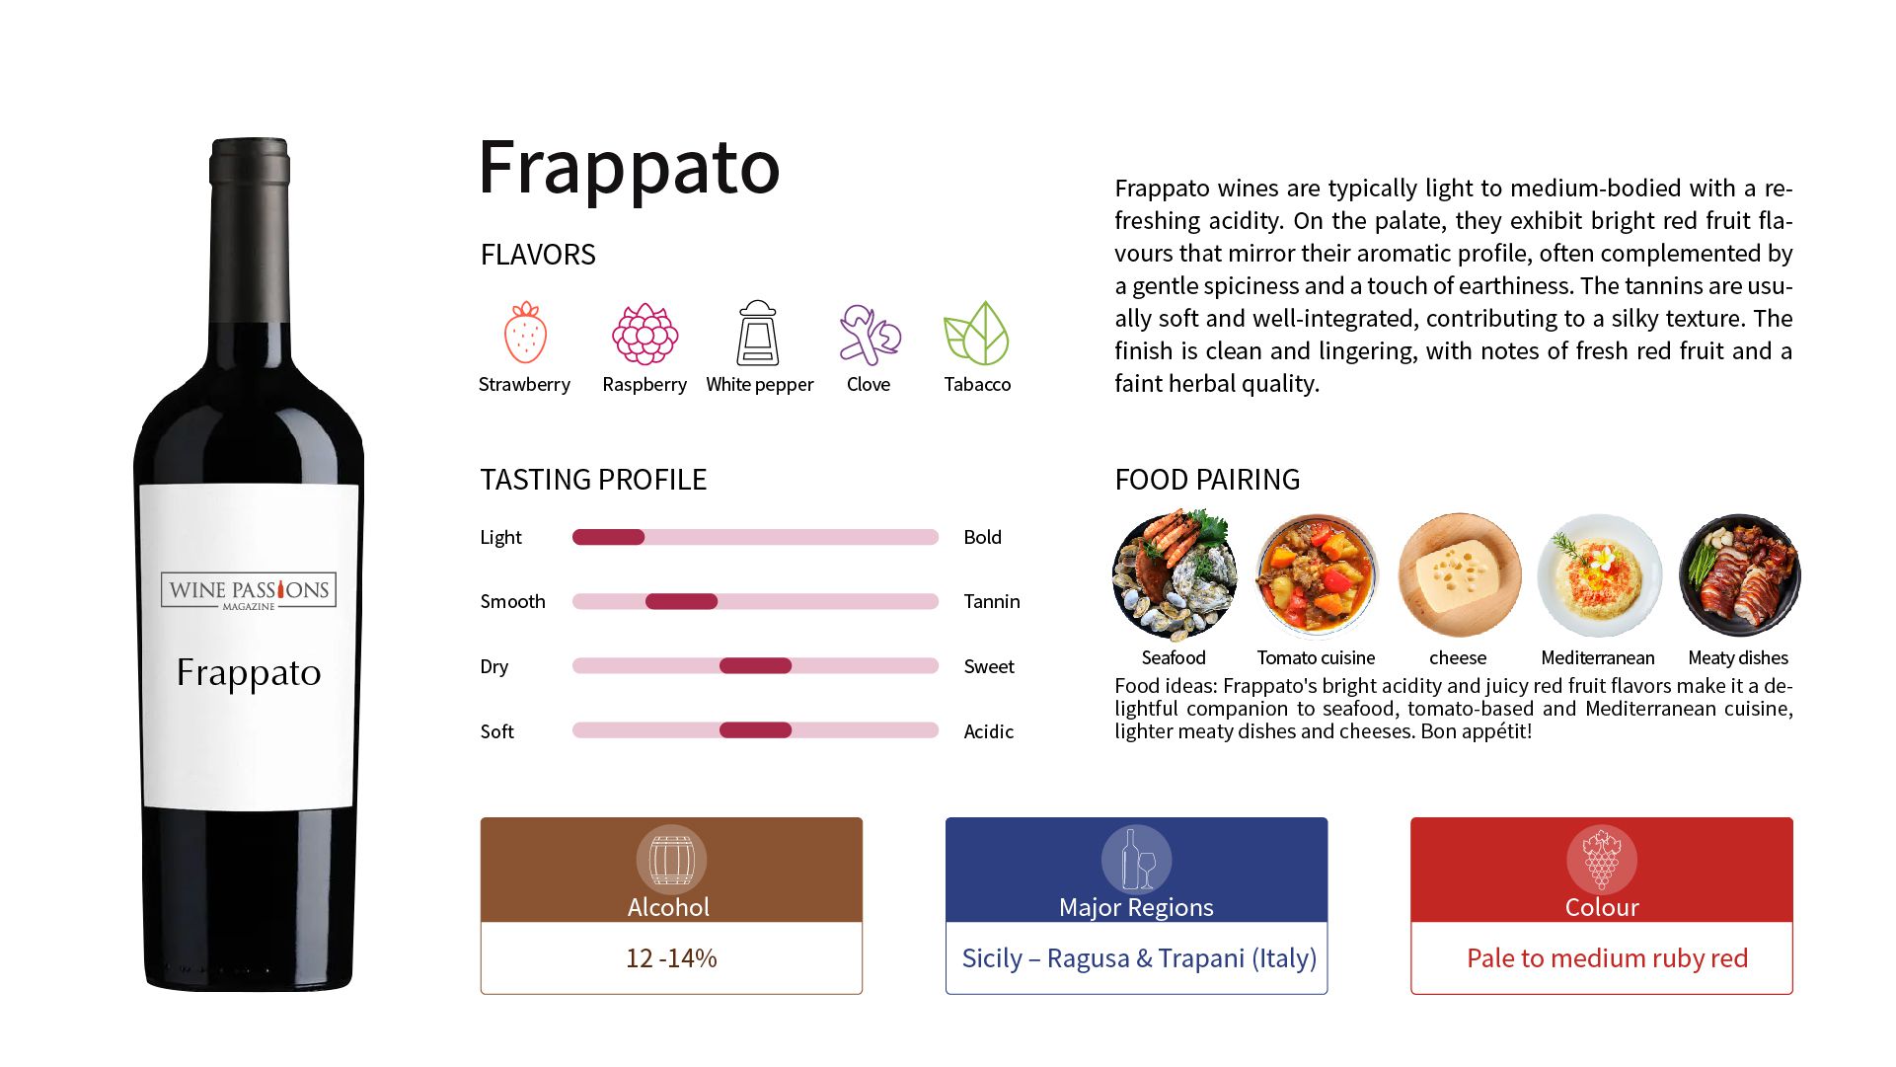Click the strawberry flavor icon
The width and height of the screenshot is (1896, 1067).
coord(525,334)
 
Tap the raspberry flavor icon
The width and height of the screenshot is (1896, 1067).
coord(645,334)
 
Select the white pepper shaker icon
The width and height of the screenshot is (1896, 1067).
coord(758,334)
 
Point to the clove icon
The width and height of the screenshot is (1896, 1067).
coord(869,334)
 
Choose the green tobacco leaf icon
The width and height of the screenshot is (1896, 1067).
coord(976,334)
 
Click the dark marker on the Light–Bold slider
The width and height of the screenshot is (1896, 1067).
coord(608,537)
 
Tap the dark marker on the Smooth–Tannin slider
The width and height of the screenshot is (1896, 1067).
coord(681,601)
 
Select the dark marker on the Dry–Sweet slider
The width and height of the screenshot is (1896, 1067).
coord(755,666)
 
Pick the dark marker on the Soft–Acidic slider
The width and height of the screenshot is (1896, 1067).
coord(755,730)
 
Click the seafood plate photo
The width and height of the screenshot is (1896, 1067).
coord(1174,575)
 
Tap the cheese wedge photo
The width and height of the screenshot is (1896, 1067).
coord(1459,575)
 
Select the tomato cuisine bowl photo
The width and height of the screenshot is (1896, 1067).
coord(1316,575)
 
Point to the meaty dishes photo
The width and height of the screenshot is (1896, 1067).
coord(1739,575)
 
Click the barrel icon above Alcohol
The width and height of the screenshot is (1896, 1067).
coord(671,860)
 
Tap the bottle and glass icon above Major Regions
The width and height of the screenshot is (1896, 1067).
coord(1136,860)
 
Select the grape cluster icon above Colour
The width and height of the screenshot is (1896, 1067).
coord(1601,860)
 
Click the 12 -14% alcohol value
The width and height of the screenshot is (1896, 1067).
coord(671,958)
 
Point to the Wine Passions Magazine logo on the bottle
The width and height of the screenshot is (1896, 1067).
coord(249,591)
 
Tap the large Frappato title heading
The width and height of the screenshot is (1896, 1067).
coord(629,168)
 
